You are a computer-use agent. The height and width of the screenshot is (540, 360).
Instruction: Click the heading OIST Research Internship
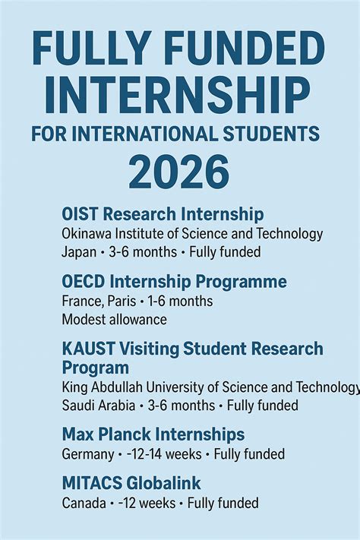[x=163, y=213]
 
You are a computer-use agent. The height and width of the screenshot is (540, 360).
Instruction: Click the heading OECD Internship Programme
[x=174, y=282]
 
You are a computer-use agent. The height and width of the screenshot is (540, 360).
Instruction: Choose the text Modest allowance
[x=114, y=320]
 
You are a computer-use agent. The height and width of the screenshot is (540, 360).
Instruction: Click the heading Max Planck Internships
[x=153, y=434]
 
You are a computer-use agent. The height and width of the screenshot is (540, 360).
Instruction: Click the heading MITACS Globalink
[x=131, y=483]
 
